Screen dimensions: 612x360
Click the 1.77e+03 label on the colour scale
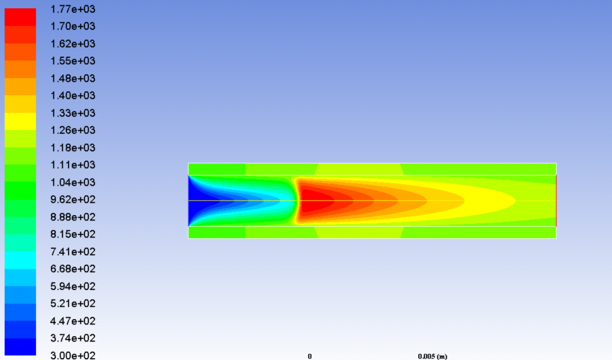click(73, 9)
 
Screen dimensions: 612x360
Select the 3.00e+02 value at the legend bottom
click(73, 355)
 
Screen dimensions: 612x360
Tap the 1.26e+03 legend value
click(73, 130)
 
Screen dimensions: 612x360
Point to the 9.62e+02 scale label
click(73, 199)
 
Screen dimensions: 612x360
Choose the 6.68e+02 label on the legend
click(73, 269)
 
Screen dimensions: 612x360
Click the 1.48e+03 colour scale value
click(73, 78)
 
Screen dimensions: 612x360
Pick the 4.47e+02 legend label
click(73, 321)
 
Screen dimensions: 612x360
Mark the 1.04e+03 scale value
click(73, 182)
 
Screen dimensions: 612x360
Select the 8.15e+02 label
click(73, 234)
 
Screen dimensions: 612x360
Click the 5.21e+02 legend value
click(73, 304)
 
